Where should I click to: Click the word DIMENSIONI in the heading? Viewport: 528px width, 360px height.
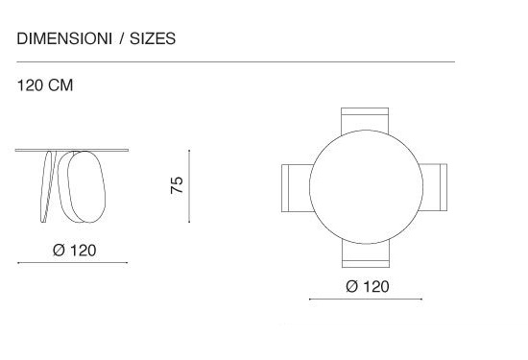pyautogui.click(x=64, y=38)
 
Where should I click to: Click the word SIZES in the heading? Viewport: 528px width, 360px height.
pyautogui.click(x=153, y=38)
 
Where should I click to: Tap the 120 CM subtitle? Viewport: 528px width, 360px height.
pyautogui.click(x=45, y=85)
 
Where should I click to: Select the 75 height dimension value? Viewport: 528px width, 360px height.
pyautogui.click(x=177, y=185)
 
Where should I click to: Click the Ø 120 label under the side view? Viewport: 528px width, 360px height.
pyautogui.click(x=75, y=251)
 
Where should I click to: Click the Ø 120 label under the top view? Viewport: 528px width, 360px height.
pyautogui.click(x=368, y=287)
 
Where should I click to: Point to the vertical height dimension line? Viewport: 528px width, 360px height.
pyautogui.click(x=189, y=186)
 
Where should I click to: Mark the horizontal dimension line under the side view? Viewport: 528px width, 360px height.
pyautogui.click(x=72, y=263)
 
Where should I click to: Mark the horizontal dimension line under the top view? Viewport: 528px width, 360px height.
pyautogui.click(x=366, y=300)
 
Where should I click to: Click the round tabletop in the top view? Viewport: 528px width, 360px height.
pyautogui.click(x=366, y=187)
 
